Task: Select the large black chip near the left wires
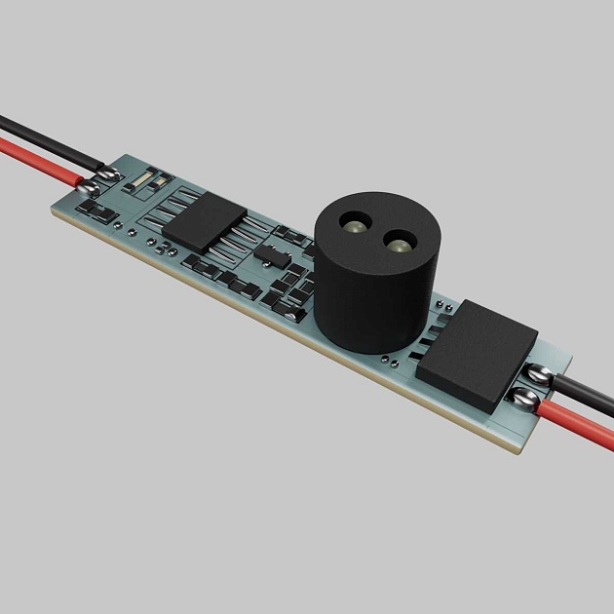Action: pos(207,222)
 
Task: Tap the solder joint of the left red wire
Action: pos(89,185)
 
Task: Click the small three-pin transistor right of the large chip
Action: pos(270,254)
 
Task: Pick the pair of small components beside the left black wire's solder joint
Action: pos(146,179)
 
